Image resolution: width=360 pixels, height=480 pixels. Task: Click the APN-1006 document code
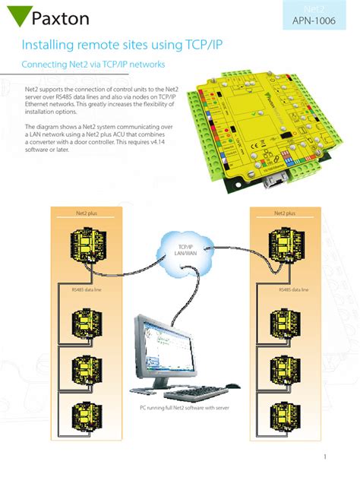click(x=318, y=21)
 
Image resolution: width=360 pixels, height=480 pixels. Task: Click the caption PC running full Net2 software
click(x=184, y=408)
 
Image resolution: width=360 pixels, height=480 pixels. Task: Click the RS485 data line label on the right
click(x=293, y=289)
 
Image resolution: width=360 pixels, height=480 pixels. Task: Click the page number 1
click(x=324, y=456)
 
